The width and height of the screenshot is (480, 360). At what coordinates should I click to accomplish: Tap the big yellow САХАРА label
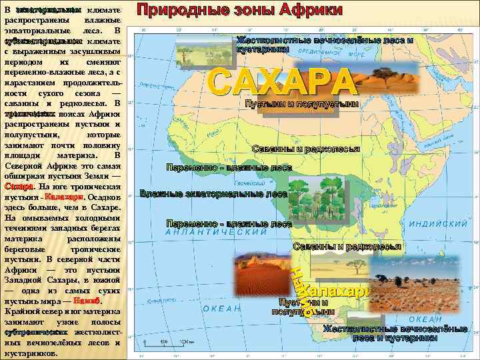[281, 81]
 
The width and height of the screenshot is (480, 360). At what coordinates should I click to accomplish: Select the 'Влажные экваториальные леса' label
[213, 194]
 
